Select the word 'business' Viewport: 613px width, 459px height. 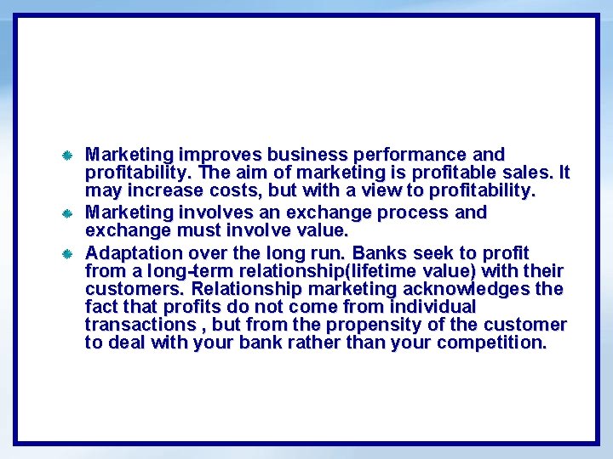pyautogui.click(x=306, y=156)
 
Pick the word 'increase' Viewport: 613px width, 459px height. pyautogui.click(x=169, y=191)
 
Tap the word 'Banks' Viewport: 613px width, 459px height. pyautogui.click(x=380, y=253)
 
